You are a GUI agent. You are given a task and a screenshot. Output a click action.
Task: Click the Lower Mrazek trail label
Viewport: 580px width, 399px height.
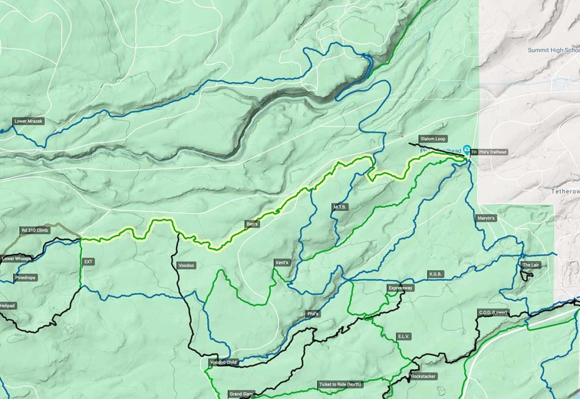(28, 121)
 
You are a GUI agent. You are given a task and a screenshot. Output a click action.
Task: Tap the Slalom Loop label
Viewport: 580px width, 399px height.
(433, 139)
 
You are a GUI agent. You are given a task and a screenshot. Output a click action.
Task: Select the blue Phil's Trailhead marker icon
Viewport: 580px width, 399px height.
(467, 150)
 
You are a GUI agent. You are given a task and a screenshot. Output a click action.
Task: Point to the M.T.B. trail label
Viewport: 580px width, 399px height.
(340, 208)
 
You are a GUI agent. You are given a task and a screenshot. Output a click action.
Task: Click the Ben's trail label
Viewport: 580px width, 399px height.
(252, 224)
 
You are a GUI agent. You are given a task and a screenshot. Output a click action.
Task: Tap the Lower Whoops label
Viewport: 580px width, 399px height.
(16, 259)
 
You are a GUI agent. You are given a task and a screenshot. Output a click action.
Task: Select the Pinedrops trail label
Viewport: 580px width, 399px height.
(25, 278)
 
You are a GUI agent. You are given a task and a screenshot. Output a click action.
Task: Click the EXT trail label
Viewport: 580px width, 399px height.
(88, 261)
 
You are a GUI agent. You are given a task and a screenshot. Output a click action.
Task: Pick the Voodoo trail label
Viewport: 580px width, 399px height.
(186, 265)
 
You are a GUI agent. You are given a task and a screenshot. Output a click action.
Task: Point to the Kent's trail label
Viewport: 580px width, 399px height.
(282, 263)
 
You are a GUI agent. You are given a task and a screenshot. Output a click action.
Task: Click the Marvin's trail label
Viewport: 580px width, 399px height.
(486, 218)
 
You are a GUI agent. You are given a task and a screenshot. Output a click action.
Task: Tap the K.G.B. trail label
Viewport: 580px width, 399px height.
(436, 274)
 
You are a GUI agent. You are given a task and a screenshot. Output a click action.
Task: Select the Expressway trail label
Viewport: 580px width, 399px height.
(400, 288)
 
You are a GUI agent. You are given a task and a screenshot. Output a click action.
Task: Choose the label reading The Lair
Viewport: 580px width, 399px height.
(531, 265)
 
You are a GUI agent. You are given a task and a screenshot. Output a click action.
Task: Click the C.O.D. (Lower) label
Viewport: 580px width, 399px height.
(492, 313)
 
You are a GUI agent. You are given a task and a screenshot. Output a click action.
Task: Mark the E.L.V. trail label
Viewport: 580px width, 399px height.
(403, 336)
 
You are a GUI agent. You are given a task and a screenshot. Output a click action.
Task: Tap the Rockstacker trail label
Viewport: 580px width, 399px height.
(423, 376)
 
